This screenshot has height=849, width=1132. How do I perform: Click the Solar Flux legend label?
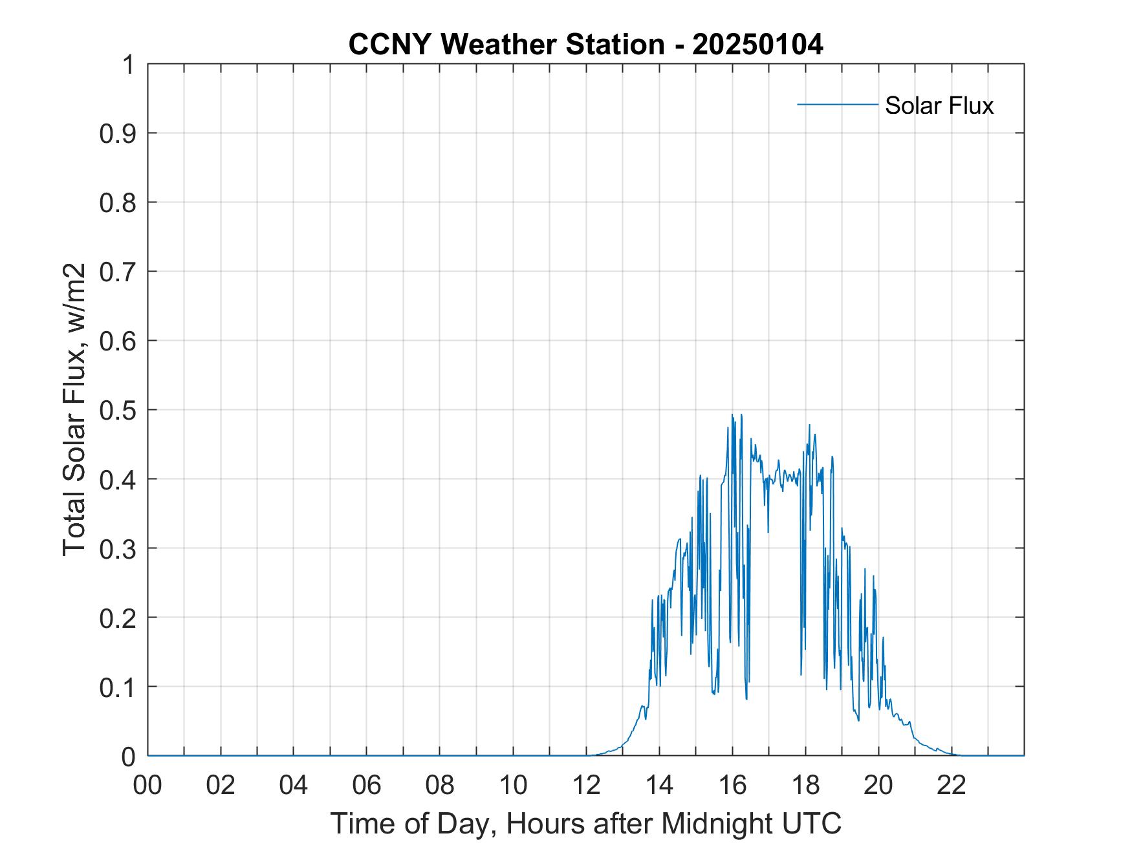[x=939, y=105]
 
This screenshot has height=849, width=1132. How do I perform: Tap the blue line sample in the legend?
[x=837, y=104]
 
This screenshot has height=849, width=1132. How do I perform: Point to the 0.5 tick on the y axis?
[x=118, y=411]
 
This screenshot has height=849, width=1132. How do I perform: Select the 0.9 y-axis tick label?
[x=118, y=134]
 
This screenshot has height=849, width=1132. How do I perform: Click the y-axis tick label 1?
[x=129, y=65]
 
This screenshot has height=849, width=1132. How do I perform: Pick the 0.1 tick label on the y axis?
[x=118, y=687]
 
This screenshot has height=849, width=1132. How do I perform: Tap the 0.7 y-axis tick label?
[x=118, y=272]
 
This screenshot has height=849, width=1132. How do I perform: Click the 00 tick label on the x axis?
[x=147, y=785]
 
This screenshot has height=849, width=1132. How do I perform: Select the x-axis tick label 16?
[x=732, y=785]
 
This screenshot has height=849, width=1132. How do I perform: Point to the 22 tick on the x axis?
[x=952, y=785]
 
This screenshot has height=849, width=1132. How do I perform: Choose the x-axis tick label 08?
[x=440, y=785]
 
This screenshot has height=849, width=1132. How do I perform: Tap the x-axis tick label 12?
[x=586, y=785]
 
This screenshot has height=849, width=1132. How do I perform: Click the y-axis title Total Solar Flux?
[x=74, y=410]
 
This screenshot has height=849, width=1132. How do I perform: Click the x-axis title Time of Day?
[x=585, y=824]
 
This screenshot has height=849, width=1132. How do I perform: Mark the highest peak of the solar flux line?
[x=732, y=414]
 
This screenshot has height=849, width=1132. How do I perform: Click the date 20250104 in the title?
[x=757, y=45]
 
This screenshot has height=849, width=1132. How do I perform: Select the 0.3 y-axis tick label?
[x=118, y=549]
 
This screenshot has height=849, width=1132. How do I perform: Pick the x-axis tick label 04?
[x=294, y=785]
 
